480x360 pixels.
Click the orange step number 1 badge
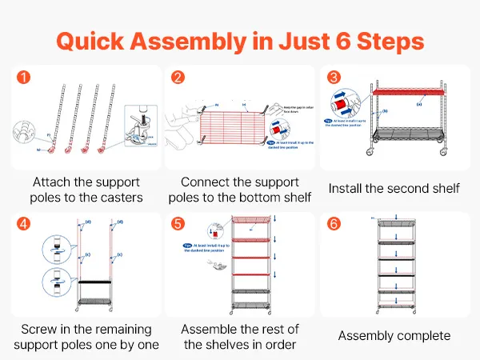pos(25,78)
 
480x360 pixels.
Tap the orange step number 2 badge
pos(178,78)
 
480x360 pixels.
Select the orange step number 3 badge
pos(333,78)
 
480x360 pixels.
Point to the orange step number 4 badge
pos(25,222)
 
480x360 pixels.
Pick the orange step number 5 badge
pos(178,222)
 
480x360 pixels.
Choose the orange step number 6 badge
pos(333,222)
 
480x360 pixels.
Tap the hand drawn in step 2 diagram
pos(182,124)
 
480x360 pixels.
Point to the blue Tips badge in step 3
pos(329,121)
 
